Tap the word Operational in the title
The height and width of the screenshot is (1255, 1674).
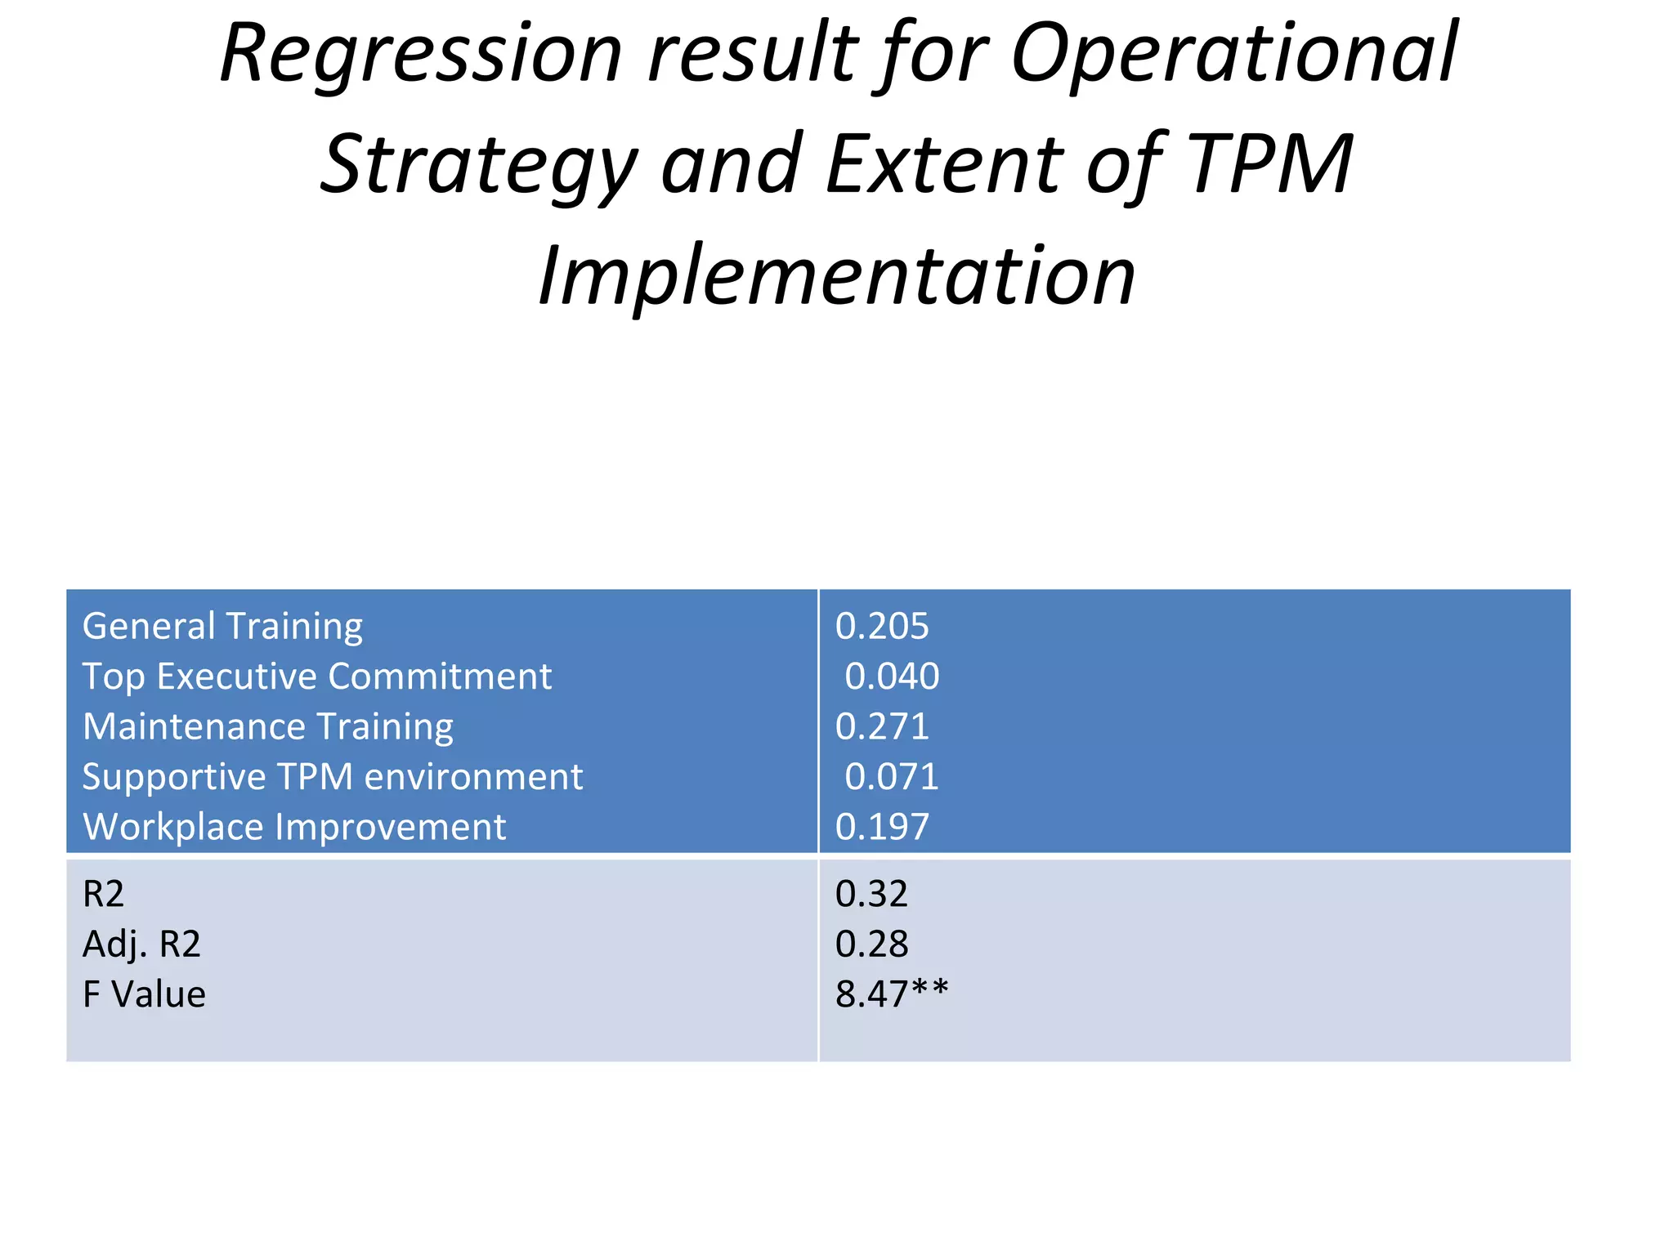pyautogui.click(x=1234, y=56)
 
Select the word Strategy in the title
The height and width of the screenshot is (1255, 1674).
pyautogui.click(x=478, y=167)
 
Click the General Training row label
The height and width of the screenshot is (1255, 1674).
pyautogui.click(x=222, y=627)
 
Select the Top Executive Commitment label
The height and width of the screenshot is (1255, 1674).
pyautogui.click(x=317, y=677)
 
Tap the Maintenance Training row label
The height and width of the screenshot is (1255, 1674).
pyautogui.click(x=268, y=726)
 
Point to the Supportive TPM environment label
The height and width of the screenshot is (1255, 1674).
pyautogui.click(x=333, y=776)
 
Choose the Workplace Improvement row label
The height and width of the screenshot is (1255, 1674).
pyautogui.click(x=294, y=827)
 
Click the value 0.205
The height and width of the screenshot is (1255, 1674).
pyautogui.click(x=882, y=627)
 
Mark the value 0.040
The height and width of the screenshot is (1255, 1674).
pyautogui.click(x=891, y=677)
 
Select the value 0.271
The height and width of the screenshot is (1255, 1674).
pyautogui.click(x=882, y=726)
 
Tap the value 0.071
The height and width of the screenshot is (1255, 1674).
pyautogui.click(x=891, y=776)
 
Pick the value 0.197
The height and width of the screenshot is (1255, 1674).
pyautogui.click(x=882, y=827)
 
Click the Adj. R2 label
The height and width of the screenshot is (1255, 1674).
pyautogui.click(x=141, y=945)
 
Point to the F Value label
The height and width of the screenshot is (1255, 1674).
pyautogui.click(x=144, y=994)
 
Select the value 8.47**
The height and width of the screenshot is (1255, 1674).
pyautogui.click(x=891, y=994)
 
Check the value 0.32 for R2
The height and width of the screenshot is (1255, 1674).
pyautogui.click(x=871, y=894)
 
